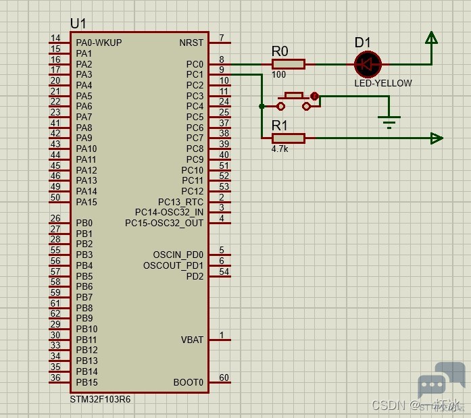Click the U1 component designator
pyautogui.click(x=78, y=24)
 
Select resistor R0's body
pyautogui.click(x=289, y=64)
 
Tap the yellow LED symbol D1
pyautogui.click(x=368, y=64)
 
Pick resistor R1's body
pyautogui.click(x=289, y=138)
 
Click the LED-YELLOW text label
pyautogui.click(x=383, y=83)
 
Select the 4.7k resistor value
pyautogui.click(x=280, y=149)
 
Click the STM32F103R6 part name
pyautogui.click(x=101, y=399)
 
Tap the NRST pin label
pyautogui.click(x=191, y=43)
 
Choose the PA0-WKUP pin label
pyautogui.click(x=99, y=43)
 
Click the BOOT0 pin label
pyautogui.click(x=189, y=382)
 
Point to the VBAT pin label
pyautogui.click(x=192, y=340)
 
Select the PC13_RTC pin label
pyautogui.click(x=180, y=202)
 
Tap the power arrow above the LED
pyautogui.click(x=430, y=38)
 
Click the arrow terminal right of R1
pyautogui.click(x=437, y=138)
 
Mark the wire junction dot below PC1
pyautogui.click(x=262, y=106)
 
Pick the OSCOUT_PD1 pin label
pyautogui.click(x=173, y=265)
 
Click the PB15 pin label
pyautogui.click(x=86, y=382)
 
